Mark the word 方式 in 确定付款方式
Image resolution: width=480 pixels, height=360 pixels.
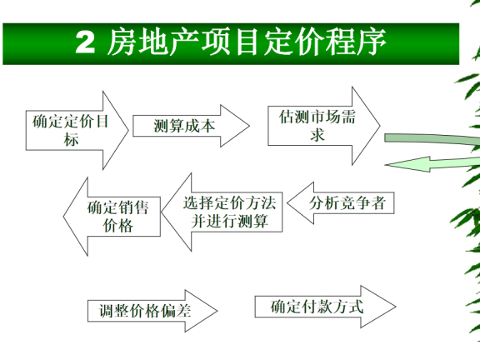(349, 306)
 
